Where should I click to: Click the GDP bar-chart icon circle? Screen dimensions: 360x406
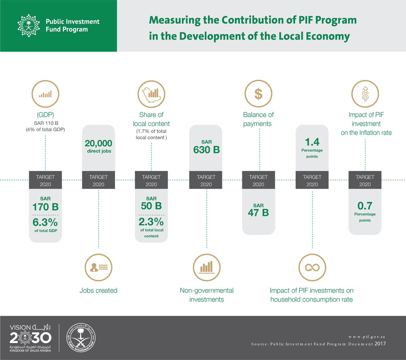tap(45, 94)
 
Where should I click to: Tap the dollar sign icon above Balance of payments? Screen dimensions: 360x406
tap(258, 94)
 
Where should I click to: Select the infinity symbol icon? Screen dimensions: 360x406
tap(312, 267)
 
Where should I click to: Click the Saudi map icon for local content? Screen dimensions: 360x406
tap(151, 94)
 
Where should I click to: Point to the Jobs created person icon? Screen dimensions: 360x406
tap(98, 267)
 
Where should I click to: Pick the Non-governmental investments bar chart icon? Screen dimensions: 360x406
tap(206, 267)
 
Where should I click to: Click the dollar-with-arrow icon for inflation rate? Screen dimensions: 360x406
tap(365, 94)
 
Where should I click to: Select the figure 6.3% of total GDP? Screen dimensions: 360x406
tap(45, 223)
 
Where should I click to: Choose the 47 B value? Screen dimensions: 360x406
tap(258, 212)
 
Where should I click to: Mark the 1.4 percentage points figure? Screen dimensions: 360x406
tap(312, 142)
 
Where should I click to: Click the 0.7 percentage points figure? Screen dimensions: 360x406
tap(365, 206)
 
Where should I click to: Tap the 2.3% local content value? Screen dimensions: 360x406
tap(151, 222)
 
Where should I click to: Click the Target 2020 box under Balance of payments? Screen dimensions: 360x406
tap(258, 180)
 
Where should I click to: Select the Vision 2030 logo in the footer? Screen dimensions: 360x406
tap(30, 338)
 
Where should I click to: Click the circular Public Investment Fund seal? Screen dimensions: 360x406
tap(80, 338)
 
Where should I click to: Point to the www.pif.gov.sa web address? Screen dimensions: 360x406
tap(367, 337)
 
